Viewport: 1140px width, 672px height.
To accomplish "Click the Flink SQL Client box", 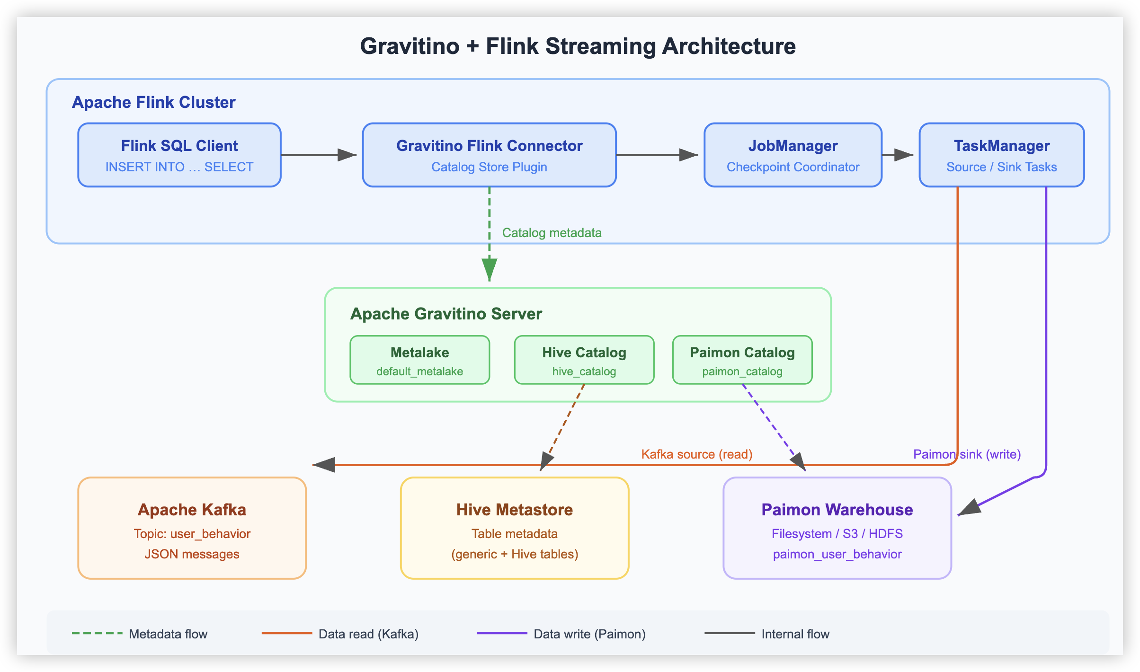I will pos(179,155).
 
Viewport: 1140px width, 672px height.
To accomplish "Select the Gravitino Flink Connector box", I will pos(489,155).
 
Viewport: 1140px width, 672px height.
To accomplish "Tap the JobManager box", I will pos(793,155).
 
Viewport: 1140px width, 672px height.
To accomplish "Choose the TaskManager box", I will pos(1001,155).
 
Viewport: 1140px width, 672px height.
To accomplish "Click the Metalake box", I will pos(419,360).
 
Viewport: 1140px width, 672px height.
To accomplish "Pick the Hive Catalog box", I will pos(584,360).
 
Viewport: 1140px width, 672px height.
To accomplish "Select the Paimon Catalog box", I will pos(742,360).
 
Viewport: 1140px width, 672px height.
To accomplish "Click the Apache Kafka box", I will pos(192,528).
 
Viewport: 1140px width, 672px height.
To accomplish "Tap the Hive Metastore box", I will pos(514,528).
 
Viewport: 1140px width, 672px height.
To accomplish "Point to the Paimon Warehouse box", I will pos(837,528).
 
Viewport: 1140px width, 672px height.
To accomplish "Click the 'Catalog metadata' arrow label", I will pos(552,233).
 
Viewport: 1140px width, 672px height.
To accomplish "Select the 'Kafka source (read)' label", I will pos(696,454).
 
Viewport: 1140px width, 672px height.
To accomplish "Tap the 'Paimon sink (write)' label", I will pos(967,454).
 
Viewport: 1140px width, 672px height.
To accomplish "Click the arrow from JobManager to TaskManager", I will pos(897,155).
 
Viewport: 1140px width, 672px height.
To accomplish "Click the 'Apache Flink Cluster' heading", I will pos(153,102).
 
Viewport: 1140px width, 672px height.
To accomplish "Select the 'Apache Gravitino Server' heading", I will pos(446,314).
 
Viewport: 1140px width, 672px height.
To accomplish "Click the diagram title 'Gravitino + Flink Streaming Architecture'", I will pos(578,46).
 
